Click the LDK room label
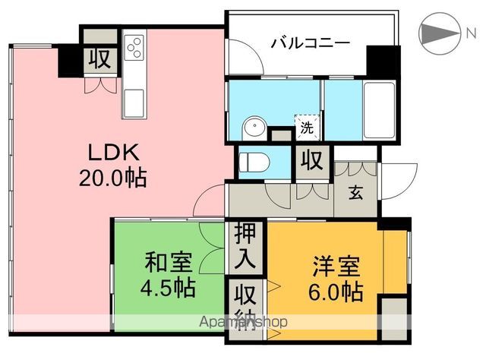[113, 152]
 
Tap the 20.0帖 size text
[112, 179]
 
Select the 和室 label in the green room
[169, 263]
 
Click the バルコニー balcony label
[311, 43]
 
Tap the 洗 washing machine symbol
[305, 127]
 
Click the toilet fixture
[251, 161]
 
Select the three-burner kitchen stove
[135, 47]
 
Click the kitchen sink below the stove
[134, 99]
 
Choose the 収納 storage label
[245, 305]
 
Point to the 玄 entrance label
[355, 192]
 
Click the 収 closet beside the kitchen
[98, 58]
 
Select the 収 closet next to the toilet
[311, 159]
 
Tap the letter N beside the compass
[471, 33]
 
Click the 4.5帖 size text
[169, 289]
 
